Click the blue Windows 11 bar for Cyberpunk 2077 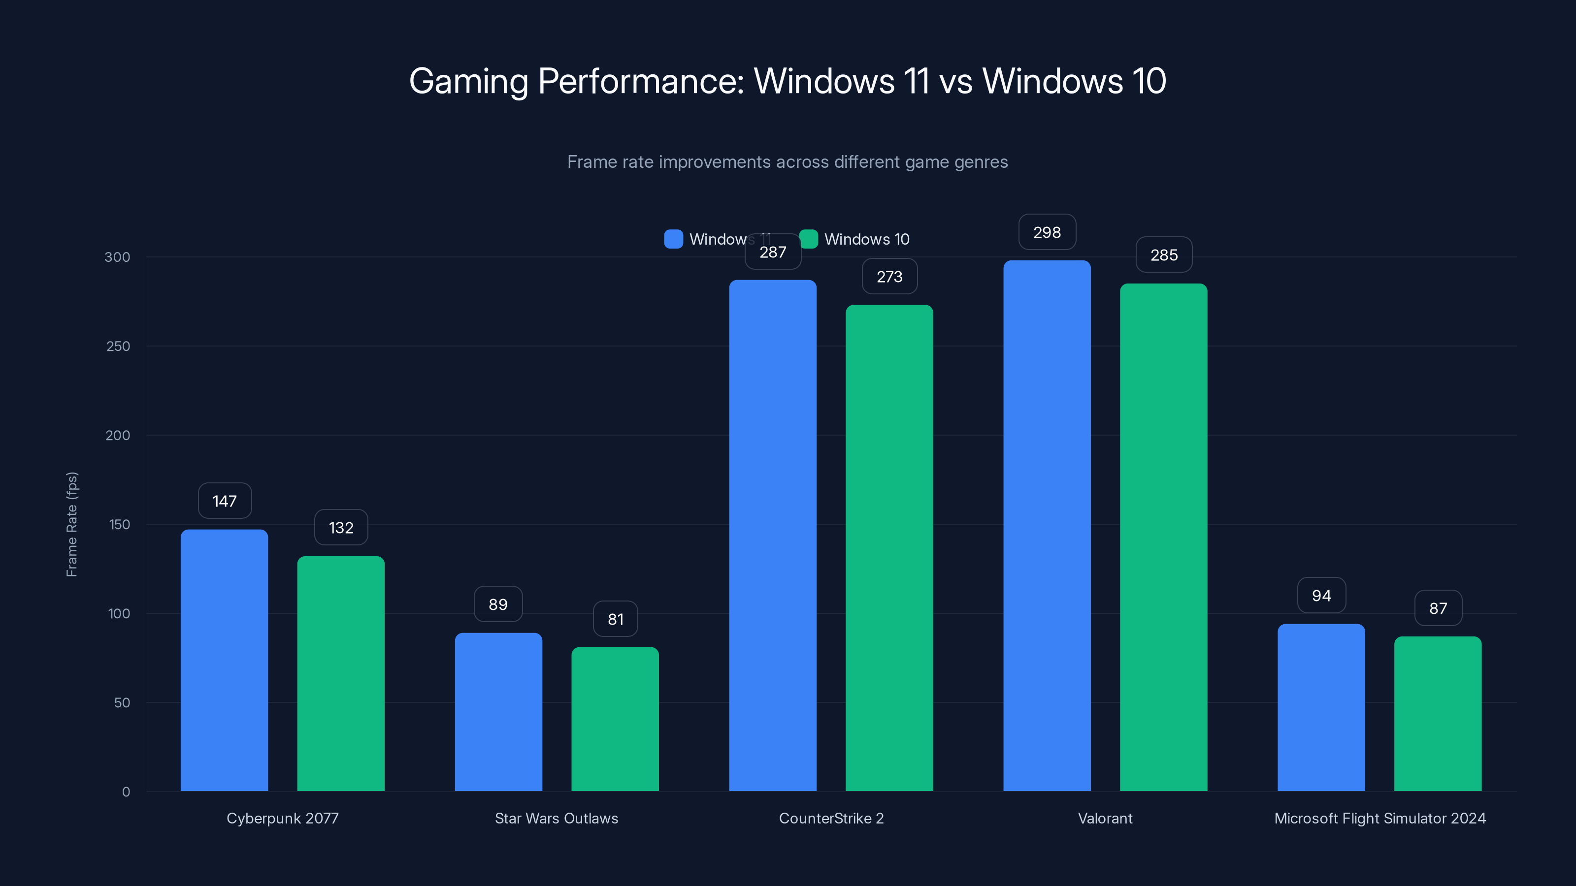click(224, 661)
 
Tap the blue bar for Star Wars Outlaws click(498, 712)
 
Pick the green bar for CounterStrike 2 click(889, 548)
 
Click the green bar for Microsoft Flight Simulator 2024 click(1438, 714)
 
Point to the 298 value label click(1047, 232)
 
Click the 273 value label click(889, 276)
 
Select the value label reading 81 click(616, 619)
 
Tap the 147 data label click(225, 501)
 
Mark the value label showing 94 click(1321, 596)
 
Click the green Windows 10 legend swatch click(809, 239)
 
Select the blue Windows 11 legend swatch click(673, 239)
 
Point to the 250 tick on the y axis click(118, 346)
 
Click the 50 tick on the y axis click(122, 702)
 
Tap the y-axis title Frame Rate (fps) click(71, 524)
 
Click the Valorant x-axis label click(1105, 818)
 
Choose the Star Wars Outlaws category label click(556, 818)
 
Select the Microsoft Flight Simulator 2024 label click(1379, 818)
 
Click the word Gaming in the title click(468, 81)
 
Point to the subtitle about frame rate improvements click(788, 162)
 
